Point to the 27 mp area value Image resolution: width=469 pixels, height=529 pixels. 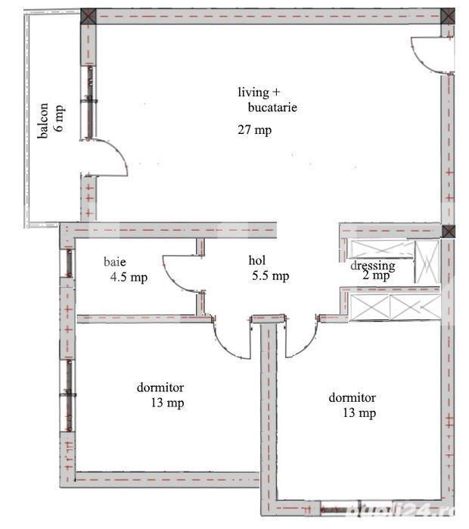254,130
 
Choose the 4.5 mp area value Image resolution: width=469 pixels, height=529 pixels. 129,277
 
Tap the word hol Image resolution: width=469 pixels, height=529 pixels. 256,261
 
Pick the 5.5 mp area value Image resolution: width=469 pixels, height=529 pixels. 270,276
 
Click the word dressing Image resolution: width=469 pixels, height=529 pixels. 372,266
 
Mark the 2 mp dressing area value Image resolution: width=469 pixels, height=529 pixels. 375,276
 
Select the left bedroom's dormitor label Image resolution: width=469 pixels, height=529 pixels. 161,388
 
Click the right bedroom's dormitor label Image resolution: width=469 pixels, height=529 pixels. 352,397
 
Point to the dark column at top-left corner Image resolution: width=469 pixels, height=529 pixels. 89,16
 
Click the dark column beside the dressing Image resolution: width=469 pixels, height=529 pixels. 449,231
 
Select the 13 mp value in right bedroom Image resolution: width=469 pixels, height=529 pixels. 359,413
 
